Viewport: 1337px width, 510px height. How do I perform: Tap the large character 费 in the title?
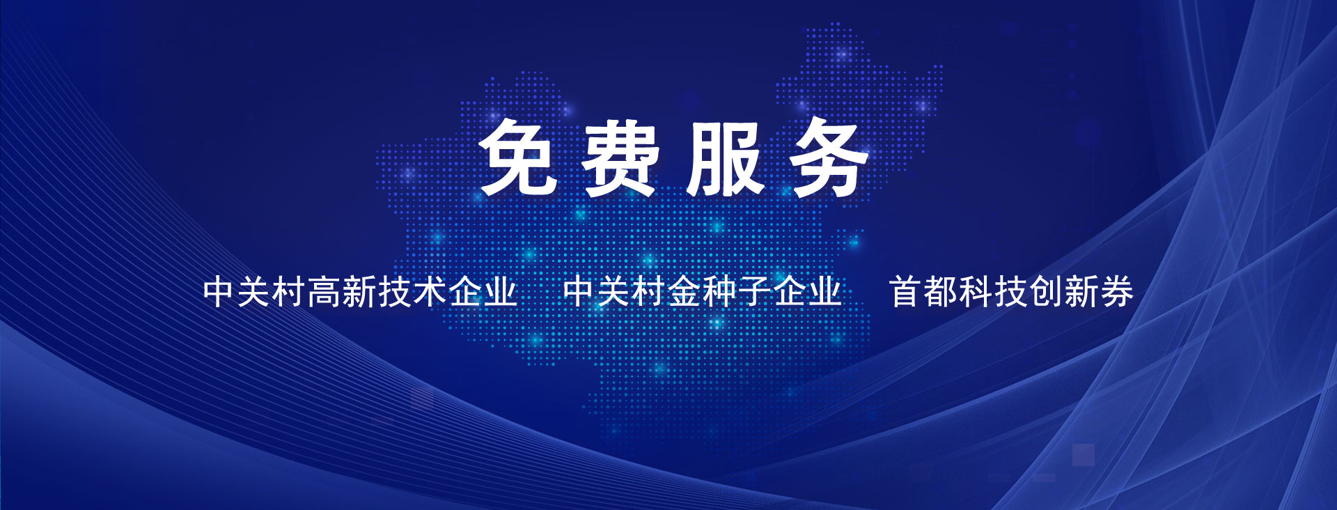pos(620,157)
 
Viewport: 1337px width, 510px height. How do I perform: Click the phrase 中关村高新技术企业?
pos(360,291)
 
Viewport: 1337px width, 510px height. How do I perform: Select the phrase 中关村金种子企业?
pos(703,291)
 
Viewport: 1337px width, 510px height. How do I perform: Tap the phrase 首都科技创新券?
pos(1011,291)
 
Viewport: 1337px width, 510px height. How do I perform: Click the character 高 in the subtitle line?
pos(325,291)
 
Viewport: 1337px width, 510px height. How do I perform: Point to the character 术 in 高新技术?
pos(430,291)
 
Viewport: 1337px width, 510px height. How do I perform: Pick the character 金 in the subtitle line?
pos(685,291)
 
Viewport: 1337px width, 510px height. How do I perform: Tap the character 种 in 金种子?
pos(720,291)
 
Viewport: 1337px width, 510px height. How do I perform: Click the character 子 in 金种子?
pos(755,291)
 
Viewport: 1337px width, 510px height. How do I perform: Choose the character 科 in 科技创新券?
pos(976,291)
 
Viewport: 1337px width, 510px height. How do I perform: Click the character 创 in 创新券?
pos(1046,291)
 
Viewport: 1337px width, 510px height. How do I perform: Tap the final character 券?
pos(1116,291)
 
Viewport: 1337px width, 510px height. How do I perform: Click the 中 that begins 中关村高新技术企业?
pos(220,291)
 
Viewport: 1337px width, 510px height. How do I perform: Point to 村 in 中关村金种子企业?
pos(650,291)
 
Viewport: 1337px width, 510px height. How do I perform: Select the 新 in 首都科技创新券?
pos(1081,291)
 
